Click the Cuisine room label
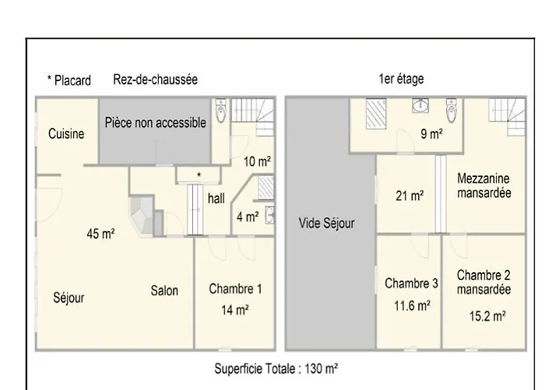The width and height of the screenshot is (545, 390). point(66,133)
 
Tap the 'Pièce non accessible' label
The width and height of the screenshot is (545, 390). point(156,122)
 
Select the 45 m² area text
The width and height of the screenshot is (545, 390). point(100,234)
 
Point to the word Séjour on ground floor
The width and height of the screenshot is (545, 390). point(69,298)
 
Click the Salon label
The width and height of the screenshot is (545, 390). point(164,290)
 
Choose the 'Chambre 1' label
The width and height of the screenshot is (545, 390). point(235,289)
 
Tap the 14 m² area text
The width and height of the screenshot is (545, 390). point(235,310)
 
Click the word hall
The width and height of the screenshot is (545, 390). point(216,198)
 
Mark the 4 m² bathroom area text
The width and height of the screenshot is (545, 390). point(248,217)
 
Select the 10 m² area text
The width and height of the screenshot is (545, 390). point(257,161)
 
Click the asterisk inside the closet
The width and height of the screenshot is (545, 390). point(199,175)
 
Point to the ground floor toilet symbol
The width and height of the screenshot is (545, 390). point(220,111)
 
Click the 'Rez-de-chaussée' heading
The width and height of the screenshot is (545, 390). point(156,80)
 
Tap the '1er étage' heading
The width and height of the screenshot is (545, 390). point(401,79)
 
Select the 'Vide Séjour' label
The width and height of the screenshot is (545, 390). point(327,223)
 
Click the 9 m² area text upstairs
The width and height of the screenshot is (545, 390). point(431,133)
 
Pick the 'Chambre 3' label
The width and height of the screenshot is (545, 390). point(411,283)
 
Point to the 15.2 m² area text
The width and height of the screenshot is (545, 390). point(487,316)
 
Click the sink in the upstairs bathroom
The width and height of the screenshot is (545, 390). point(420,105)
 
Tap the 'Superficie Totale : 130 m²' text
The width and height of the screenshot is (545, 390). point(276,368)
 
